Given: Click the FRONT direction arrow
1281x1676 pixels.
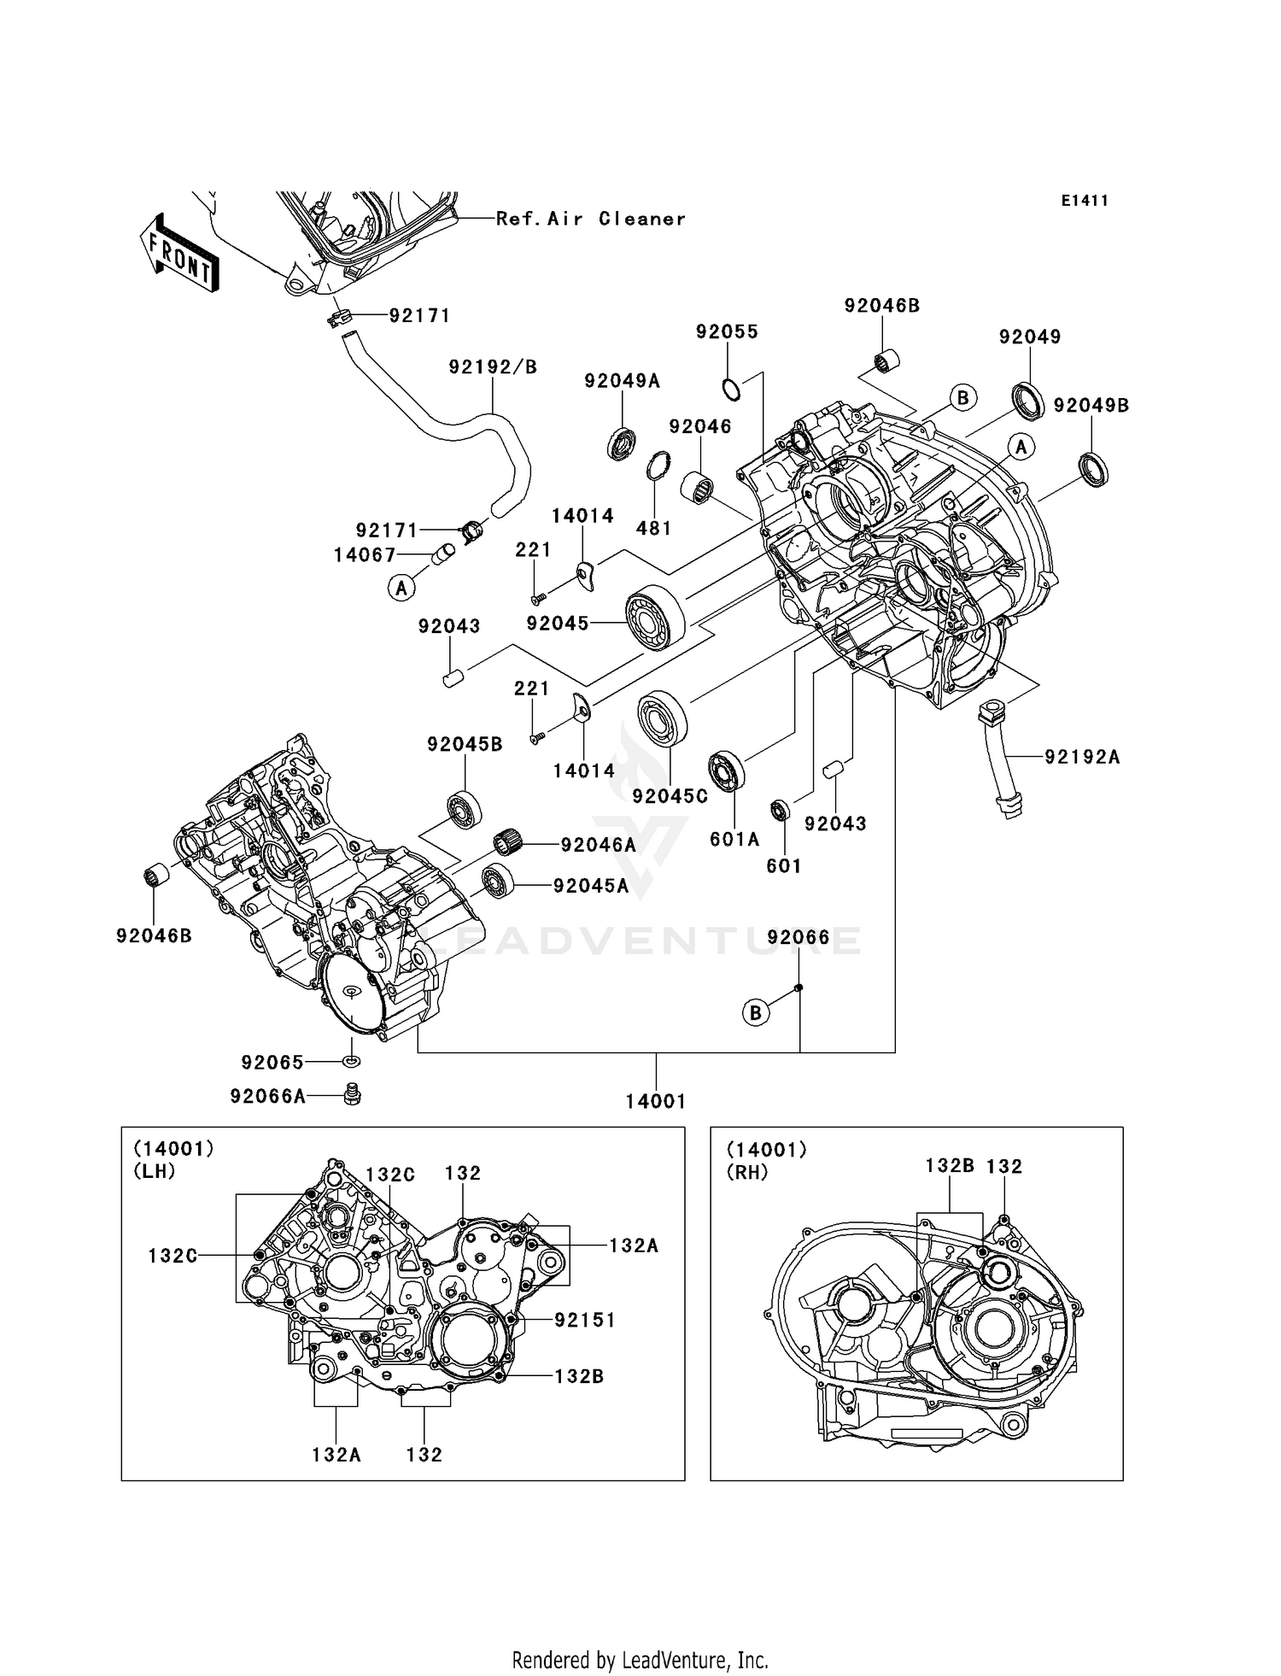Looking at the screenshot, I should click(x=178, y=254).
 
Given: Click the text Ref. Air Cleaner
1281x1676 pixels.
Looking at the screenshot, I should click(x=591, y=219).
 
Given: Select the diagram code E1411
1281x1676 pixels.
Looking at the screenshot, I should click(x=1085, y=201).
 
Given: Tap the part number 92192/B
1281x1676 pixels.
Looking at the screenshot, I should click(x=493, y=367).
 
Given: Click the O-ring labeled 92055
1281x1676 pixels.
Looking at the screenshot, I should click(x=730, y=390).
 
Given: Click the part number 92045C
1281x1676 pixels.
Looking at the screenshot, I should click(x=670, y=796).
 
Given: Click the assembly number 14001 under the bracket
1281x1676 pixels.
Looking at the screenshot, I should click(x=655, y=1102).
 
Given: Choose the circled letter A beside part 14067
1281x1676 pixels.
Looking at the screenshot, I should click(x=401, y=589).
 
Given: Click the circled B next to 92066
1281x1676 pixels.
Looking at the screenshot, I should click(x=756, y=1013).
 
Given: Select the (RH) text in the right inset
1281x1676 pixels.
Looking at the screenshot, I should click(x=747, y=1173).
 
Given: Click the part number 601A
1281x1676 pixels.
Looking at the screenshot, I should click(x=734, y=840).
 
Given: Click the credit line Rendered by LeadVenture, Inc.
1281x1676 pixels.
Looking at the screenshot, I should click(x=640, y=1660).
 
